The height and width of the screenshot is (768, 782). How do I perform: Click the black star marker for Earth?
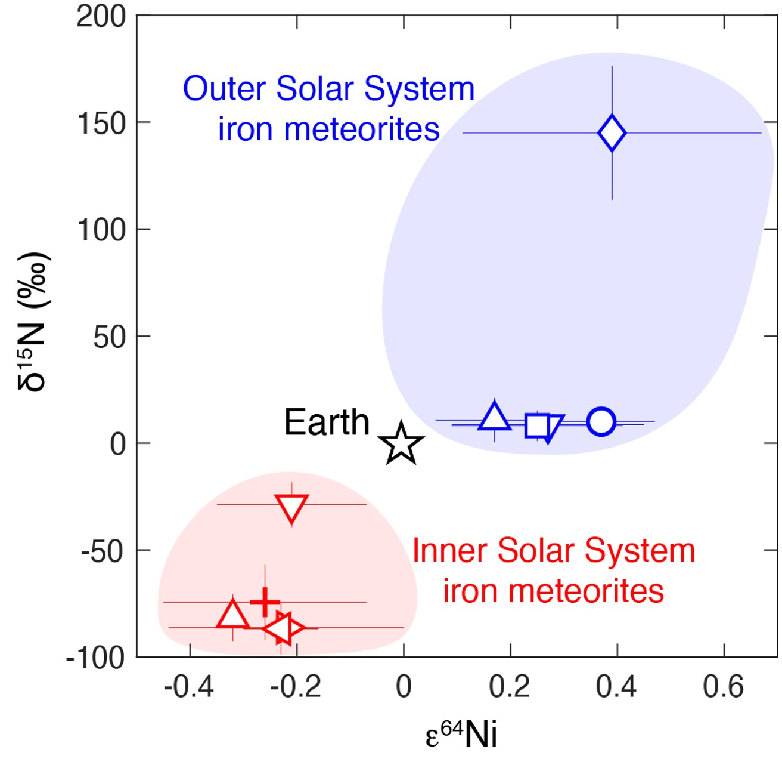401,443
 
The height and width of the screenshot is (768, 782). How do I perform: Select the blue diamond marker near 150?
612,133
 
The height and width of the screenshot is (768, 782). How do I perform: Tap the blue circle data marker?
601,422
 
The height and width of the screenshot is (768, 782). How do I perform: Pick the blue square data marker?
536,425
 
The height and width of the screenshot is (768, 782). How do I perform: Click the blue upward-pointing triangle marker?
494,417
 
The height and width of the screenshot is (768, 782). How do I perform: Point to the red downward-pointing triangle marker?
291,507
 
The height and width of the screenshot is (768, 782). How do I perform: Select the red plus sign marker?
265,602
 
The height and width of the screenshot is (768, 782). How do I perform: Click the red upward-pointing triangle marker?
233,615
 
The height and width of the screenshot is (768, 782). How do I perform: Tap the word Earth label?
326,422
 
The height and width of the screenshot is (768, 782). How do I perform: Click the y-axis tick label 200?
101,17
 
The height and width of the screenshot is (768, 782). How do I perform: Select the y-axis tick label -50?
103,551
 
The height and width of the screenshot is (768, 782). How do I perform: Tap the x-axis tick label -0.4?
188,687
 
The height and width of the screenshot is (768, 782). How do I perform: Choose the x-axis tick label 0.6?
723,687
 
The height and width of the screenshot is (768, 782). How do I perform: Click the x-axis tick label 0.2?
510,687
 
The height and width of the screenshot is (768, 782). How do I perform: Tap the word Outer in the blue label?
224,89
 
